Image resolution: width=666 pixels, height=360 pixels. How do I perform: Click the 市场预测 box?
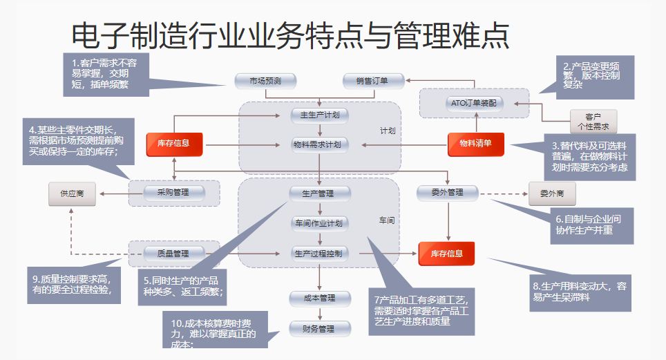tap(265, 81)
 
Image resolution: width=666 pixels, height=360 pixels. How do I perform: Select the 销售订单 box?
tap(372, 81)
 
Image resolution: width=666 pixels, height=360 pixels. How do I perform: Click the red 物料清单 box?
tap(475, 144)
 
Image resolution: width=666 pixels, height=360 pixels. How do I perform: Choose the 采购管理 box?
tap(173, 193)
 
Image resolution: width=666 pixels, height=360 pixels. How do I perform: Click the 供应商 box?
tap(72, 194)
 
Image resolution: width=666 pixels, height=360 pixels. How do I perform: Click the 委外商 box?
tap(552, 193)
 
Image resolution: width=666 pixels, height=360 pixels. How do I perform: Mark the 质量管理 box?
tap(173, 254)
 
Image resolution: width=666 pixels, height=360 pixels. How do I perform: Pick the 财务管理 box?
tap(318, 328)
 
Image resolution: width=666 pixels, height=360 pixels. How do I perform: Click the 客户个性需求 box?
tap(593, 122)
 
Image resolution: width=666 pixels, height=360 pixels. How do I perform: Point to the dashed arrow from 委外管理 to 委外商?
tap(504, 194)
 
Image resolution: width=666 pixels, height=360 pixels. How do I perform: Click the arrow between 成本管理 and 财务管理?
tap(319, 313)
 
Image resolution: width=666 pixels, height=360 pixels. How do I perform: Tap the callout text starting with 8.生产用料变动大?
tap(580, 291)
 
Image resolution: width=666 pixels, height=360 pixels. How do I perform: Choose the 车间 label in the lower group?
tap(386, 220)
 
